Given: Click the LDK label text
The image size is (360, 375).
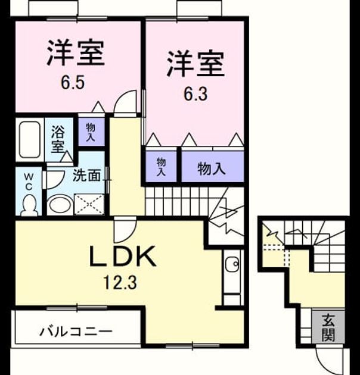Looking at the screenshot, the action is point(123,257).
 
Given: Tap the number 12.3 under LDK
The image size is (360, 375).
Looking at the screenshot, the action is point(120,283).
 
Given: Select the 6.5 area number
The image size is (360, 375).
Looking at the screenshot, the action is point(73,83).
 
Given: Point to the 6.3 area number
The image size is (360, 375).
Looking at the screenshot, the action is point(195,94).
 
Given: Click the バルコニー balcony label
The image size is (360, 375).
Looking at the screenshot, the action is point(76,332).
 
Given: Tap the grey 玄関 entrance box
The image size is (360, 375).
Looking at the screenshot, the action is point(328,327).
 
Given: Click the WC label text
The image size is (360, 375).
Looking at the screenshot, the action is point(29,182).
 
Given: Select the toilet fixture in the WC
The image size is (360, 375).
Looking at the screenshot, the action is point(29,205).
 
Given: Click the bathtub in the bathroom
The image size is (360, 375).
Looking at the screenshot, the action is point(30,140).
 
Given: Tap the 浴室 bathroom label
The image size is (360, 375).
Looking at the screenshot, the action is point(58,139).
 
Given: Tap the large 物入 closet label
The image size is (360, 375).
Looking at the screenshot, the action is point(212,169).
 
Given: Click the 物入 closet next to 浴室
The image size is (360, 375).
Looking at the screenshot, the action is point(91,132).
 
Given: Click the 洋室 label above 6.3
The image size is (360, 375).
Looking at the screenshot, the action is point(195,64).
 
